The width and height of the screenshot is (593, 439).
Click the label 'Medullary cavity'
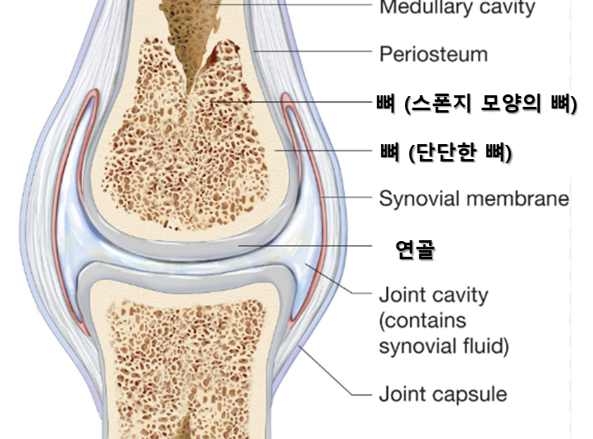(456, 9)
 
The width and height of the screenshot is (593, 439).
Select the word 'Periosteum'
(433, 55)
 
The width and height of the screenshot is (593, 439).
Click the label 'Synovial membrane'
(474, 199)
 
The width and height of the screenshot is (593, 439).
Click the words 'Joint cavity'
(433, 295)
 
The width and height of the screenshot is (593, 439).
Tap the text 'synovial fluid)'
(444, 345)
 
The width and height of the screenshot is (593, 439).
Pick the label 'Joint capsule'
(443, 393)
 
